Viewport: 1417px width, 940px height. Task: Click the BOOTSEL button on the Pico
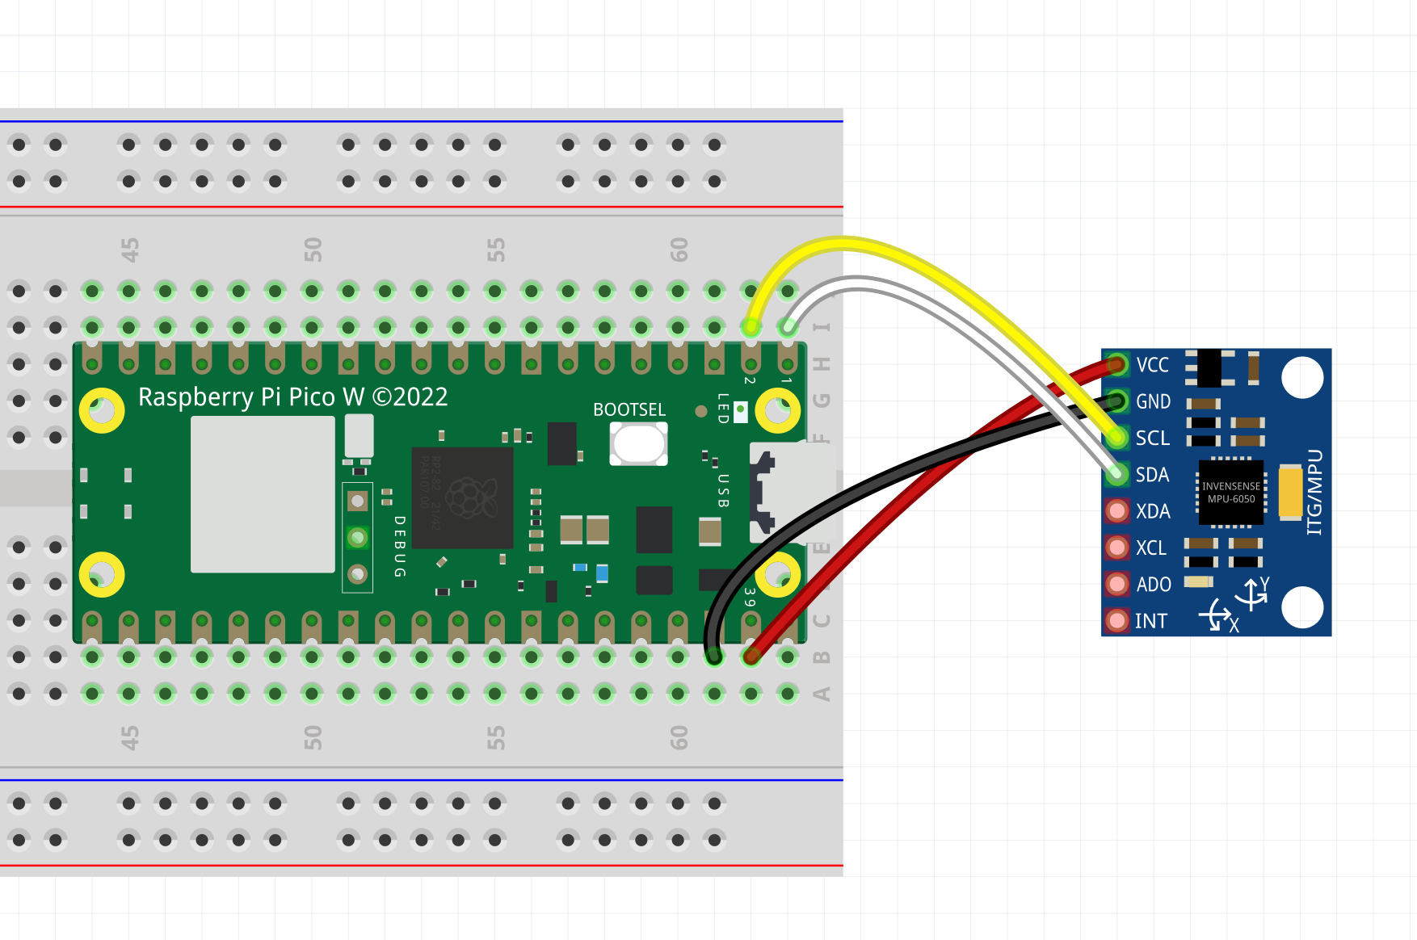coord(638,443)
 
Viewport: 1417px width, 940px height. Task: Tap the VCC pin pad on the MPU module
coord(1117,365)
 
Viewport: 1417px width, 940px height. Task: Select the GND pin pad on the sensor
coord(1117,401)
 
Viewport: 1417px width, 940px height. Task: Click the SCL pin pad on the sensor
coord(1117,438)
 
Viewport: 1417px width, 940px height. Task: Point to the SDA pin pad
coord(1117,474)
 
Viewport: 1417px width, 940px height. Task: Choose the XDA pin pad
coord(1117,510)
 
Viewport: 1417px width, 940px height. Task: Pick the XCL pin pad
coord(1117,548)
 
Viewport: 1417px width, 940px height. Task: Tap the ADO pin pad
coord(1117,584)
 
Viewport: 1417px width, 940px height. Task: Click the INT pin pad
coord(1117,620)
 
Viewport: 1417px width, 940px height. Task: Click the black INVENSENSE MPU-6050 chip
coord(1230,492)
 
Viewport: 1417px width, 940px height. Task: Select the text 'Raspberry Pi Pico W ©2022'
coord(292,397)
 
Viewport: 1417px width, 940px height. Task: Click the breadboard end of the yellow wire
coord(751,327)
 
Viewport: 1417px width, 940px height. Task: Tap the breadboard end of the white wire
coord(788,327)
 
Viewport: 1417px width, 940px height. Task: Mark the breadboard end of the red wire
coord(751,656)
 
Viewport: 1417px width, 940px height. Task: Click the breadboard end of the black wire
coord(714,656)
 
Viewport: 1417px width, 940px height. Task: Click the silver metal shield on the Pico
coord(263,494)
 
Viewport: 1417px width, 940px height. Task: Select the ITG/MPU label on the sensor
coord(1315,492)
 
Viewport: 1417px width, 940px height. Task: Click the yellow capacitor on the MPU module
coord(1290,492)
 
